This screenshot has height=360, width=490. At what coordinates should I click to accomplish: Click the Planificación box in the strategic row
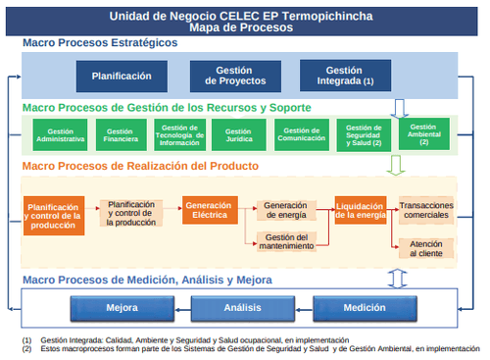coord(122,76)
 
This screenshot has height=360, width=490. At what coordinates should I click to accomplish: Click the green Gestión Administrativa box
coord(60,135)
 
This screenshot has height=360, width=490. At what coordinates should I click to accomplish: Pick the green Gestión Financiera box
coord(121,135)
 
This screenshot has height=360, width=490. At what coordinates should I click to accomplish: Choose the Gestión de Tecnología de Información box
coord(181,135)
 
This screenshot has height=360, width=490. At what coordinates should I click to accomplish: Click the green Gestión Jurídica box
coord(241,135)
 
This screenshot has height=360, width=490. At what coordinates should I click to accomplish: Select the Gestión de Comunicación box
coord(301,135)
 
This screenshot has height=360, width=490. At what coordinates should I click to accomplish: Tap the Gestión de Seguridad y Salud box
coord(364,135)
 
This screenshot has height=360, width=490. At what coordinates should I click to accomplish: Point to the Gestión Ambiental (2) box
coord(423,134)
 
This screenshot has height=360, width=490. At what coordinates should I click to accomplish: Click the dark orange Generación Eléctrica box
coord(210,209)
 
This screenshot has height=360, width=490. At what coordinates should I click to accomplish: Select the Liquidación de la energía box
coord(361,210)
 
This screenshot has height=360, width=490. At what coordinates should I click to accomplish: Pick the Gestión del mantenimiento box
coord(287,241)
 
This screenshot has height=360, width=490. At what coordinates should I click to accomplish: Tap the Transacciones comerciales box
coord(426,209)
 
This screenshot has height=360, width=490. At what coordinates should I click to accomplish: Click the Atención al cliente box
coord(426,247)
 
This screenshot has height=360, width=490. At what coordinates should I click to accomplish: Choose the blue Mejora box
coord(122,307)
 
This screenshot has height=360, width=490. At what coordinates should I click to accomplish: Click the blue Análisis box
coord(240,307)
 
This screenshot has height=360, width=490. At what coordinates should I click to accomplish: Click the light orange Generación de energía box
coord(287,209)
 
